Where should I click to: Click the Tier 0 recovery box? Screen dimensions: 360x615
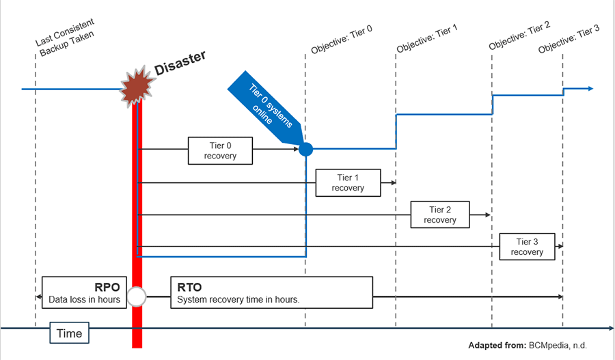(x=220, y=150)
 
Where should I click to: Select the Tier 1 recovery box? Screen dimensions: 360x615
(x=348, y=183)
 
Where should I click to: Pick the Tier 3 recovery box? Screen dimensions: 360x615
(x=526, y=247)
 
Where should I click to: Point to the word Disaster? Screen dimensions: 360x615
(x=180, y=66)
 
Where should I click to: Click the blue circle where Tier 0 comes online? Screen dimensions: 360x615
(x=305, y=148)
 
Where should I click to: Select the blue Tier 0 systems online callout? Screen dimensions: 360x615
(x=263, y=109)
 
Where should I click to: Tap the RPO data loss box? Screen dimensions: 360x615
(x=85, y=292)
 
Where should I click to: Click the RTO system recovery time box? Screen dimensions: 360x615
(x=271, y=292)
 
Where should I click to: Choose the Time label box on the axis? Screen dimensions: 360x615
(x=69, y=333)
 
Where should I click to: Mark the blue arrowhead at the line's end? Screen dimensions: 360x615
(x=590, y=89)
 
